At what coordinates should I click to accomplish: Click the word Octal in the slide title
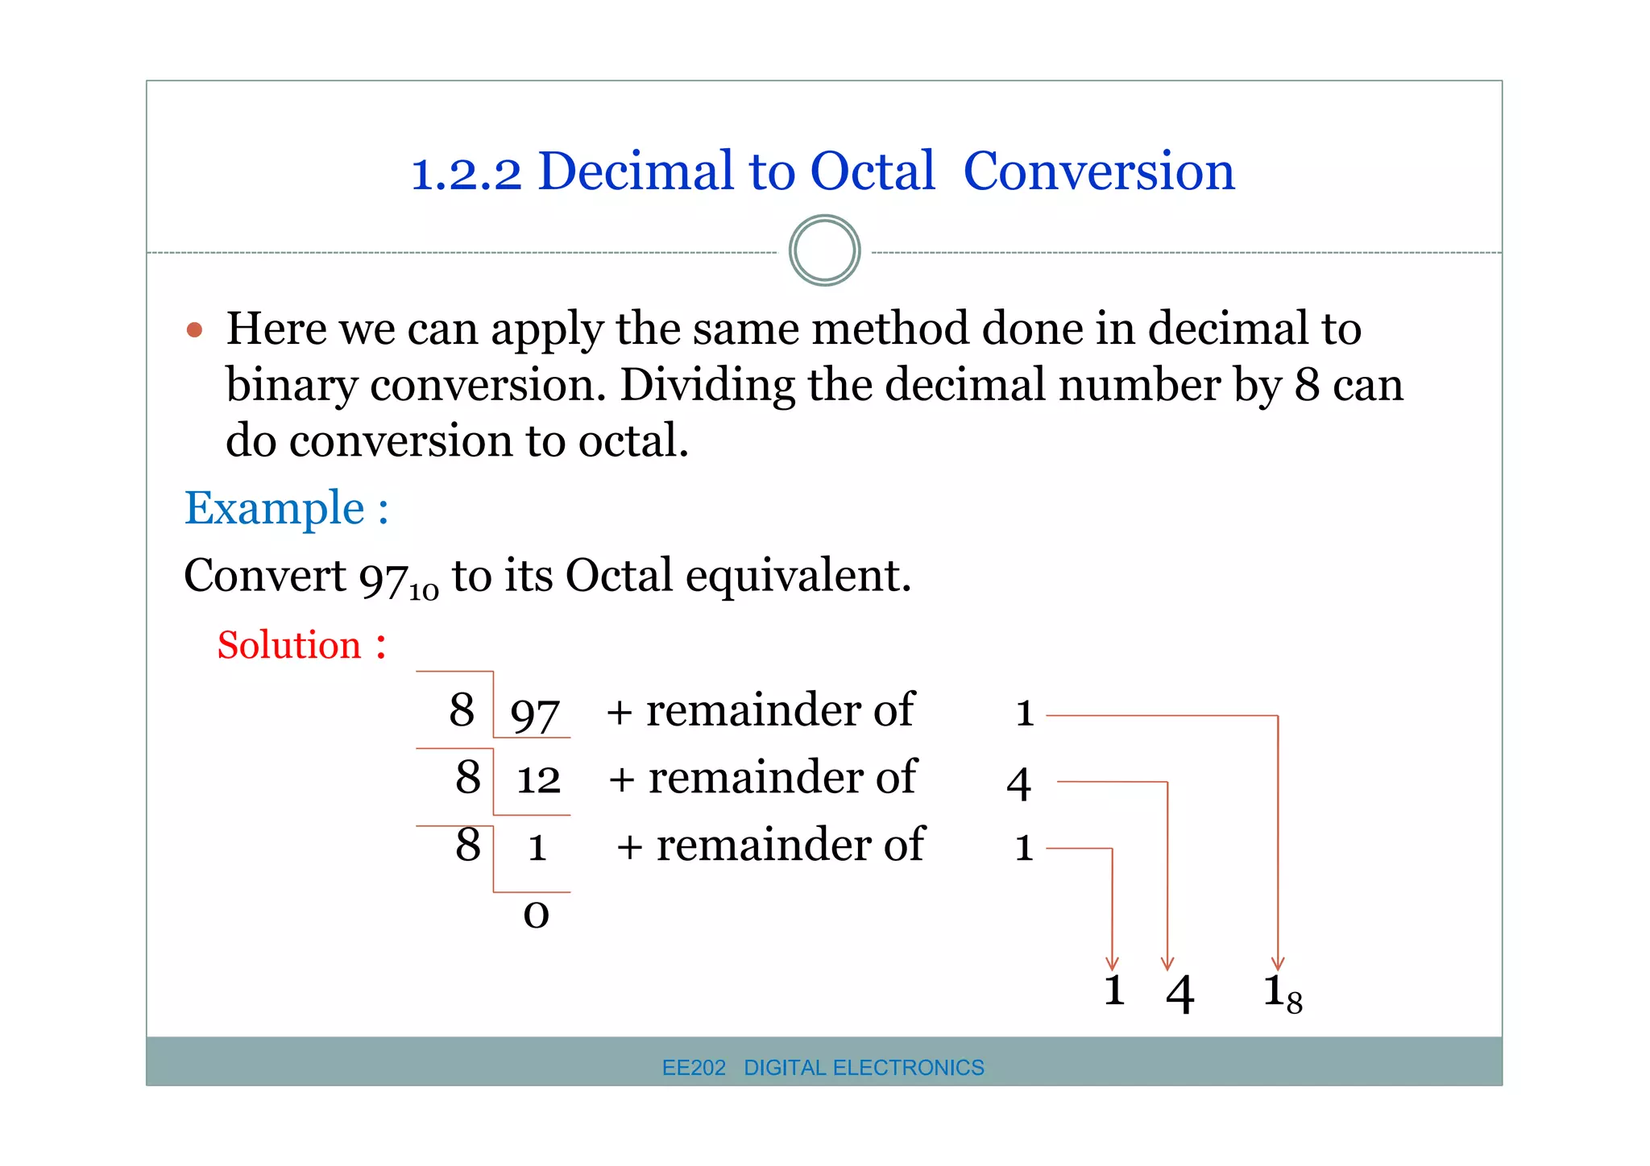pos(872,172)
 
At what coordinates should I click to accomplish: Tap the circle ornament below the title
pos(824,250)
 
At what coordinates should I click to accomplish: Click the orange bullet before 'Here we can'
pos(194,330)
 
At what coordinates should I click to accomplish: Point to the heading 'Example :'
pos(286,509)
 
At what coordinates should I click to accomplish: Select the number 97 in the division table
pos(534,714)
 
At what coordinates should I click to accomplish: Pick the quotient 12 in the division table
pos(538,780)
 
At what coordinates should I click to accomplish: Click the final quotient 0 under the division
pos(536,915)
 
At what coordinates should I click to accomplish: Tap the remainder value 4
pos(1019,784)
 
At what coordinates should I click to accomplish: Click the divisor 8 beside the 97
pos(462,710)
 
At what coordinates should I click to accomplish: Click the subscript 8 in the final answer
pos(1294,1003)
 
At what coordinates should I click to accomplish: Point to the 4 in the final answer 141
pos(1179,994)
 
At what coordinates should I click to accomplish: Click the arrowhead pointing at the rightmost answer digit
pos(1278,963)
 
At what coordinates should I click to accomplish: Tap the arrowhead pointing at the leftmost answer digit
pos(1112,963)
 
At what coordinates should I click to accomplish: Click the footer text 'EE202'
pos(694,1068)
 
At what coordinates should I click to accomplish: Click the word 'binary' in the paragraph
pos(291,386)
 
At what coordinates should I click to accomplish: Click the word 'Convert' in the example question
pos(265,577)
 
